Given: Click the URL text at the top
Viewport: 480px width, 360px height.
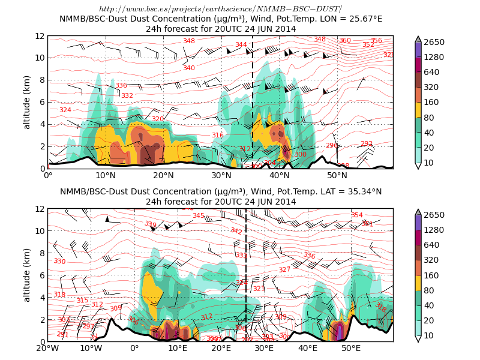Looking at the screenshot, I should [220, 9].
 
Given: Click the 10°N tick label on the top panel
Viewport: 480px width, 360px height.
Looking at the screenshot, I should [106, 175].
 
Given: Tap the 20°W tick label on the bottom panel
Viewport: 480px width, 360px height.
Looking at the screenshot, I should [48, 348].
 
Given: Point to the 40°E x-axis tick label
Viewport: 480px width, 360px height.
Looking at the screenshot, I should [308, 348].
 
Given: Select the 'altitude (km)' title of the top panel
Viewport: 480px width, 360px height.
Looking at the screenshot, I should [27, 102].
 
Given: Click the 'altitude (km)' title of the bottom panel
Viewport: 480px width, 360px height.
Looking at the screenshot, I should [27, 275].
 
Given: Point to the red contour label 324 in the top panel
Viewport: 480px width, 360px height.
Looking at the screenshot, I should [65, 110].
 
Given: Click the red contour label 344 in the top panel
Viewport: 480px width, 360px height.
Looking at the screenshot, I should [241, 44].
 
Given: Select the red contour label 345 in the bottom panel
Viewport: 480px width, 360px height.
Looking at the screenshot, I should [198, 216].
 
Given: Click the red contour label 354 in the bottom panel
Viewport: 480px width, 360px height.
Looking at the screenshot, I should [357, 215].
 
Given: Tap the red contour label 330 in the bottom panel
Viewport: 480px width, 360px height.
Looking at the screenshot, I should [59, 262].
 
